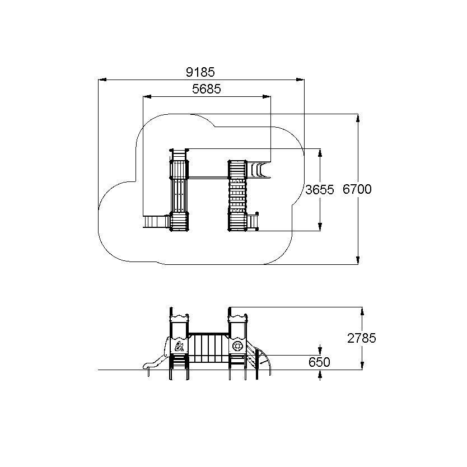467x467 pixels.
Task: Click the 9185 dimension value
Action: click(x=200, y=72)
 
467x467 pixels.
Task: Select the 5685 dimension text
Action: click(x=207, y=89)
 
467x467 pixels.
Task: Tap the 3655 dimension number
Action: click(x=320, y=190)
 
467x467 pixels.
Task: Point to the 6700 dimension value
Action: click(x=357, y=189)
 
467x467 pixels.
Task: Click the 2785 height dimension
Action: click(x=362, y=338)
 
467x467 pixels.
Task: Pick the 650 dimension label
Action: click(x=319, y=362)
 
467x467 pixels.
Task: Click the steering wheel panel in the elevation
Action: click(x=237, y=347)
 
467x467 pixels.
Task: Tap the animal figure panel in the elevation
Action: click(x=179, y=347)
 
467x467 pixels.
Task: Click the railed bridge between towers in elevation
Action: click(x=208, y=348)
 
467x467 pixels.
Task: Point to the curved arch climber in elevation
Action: click(x=264, y=361)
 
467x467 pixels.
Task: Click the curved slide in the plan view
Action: click(x=259, y=170)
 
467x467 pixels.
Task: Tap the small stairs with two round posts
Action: click(x=253, y=222)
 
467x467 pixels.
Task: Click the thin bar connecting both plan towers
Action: click(x=208, y=178)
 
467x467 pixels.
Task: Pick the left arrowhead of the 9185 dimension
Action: click(x=102, y=80)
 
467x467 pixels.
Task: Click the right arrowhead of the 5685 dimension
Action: click(x=267, y=96)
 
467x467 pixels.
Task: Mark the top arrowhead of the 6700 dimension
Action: click(x=358, y=118)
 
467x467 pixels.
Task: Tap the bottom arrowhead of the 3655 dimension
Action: click(x=320, y=227)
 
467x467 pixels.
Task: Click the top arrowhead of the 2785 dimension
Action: click(x=362, y=311)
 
